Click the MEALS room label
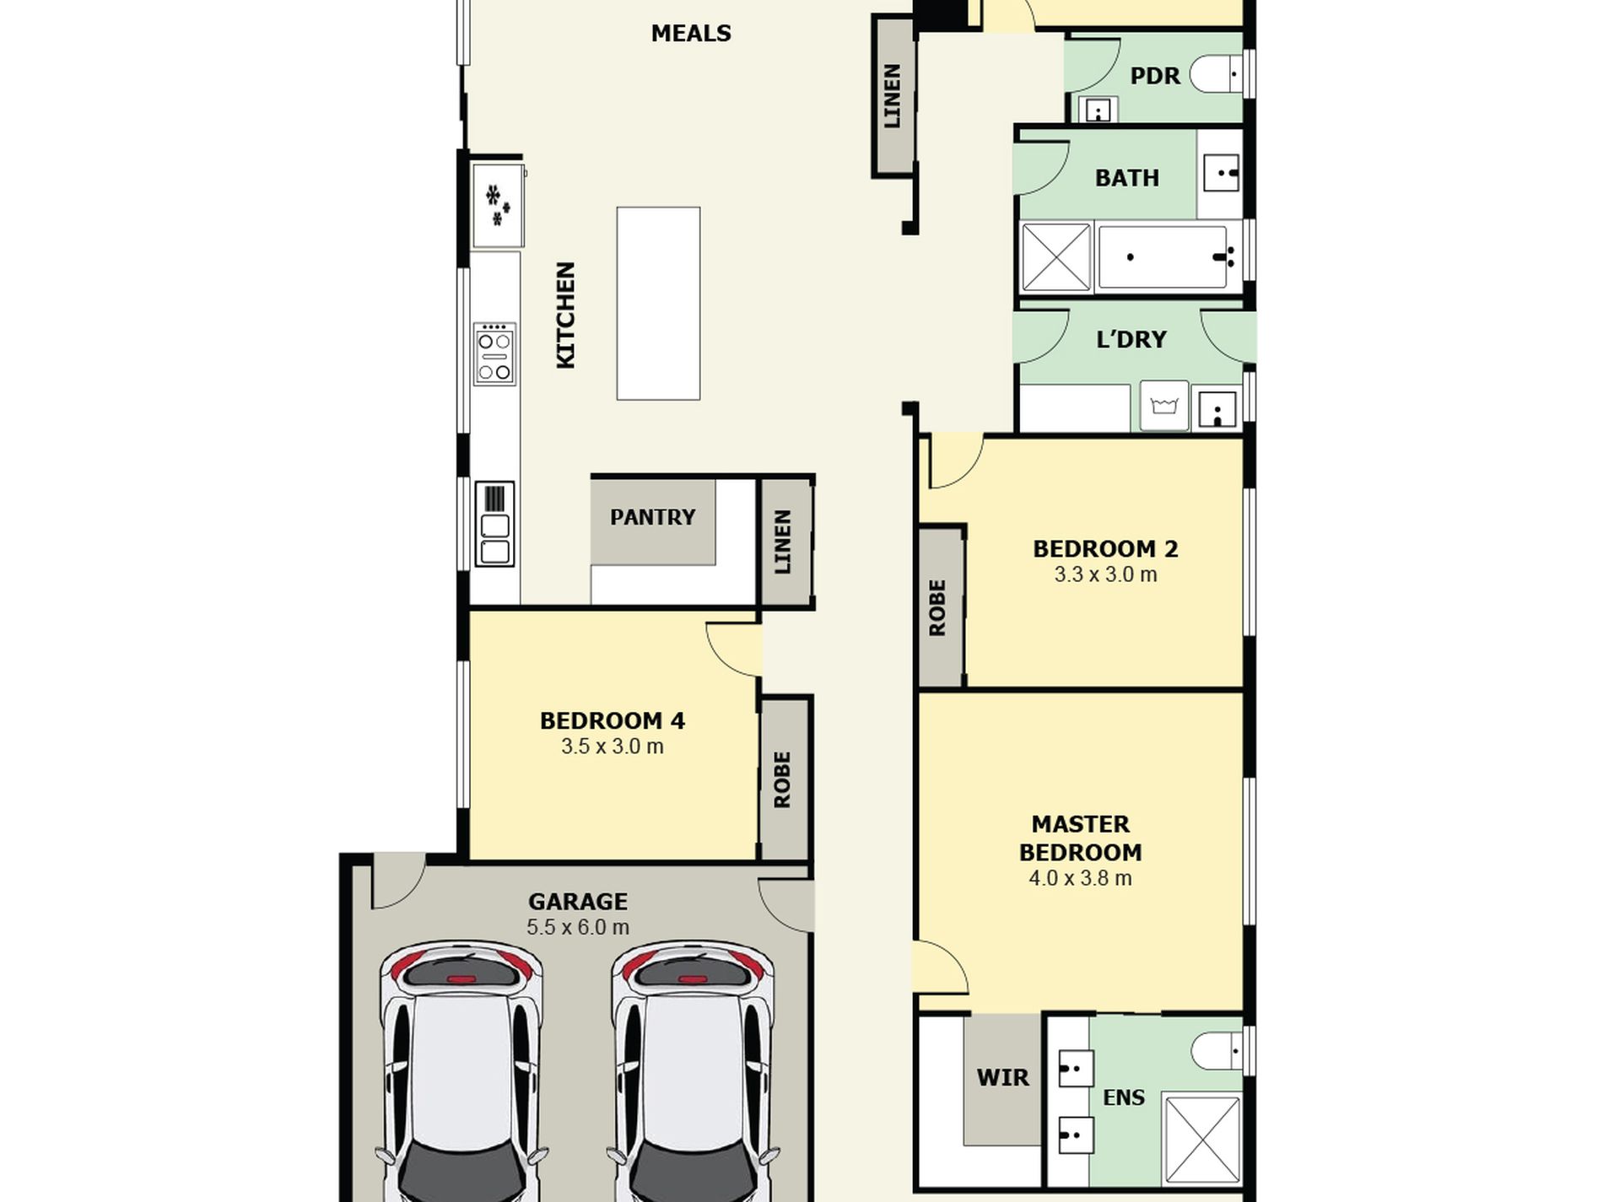tap(691, 34)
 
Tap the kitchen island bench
tap(658, 304)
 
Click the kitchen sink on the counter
tap(494, 524)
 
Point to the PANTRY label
tap(653, 517)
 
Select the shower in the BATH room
tap(1056, 257)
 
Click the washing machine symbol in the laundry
tap(1164, 406)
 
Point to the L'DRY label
tap(1131, 340)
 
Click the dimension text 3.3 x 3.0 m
tap(1105, 575)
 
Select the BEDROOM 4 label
tap(613, 721)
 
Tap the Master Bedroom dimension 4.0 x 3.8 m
tap(1080, 878)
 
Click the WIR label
tap(1003, 1078)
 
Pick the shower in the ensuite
tap(1202, 1139)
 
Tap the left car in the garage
tap(461, 1071)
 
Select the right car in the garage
tap(692, 1071)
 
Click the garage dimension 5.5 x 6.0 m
tap(578, 928)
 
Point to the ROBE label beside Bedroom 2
tap(937, 607)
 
